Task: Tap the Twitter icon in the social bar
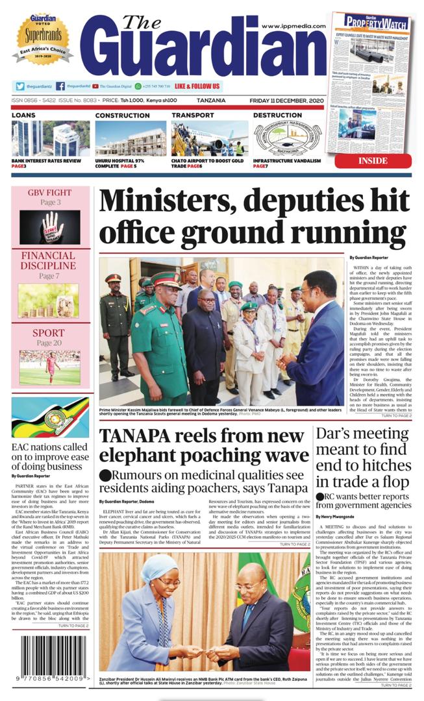(x=20, y=86)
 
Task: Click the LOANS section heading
(x=23, y=116)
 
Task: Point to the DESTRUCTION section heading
(x=277, y=116)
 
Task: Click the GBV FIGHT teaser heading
(x=50, y=193)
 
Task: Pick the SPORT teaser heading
(x=50, y=333)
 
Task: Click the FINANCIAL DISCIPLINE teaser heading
(x=50, y=260)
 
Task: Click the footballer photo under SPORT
(x=49, y=367)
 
